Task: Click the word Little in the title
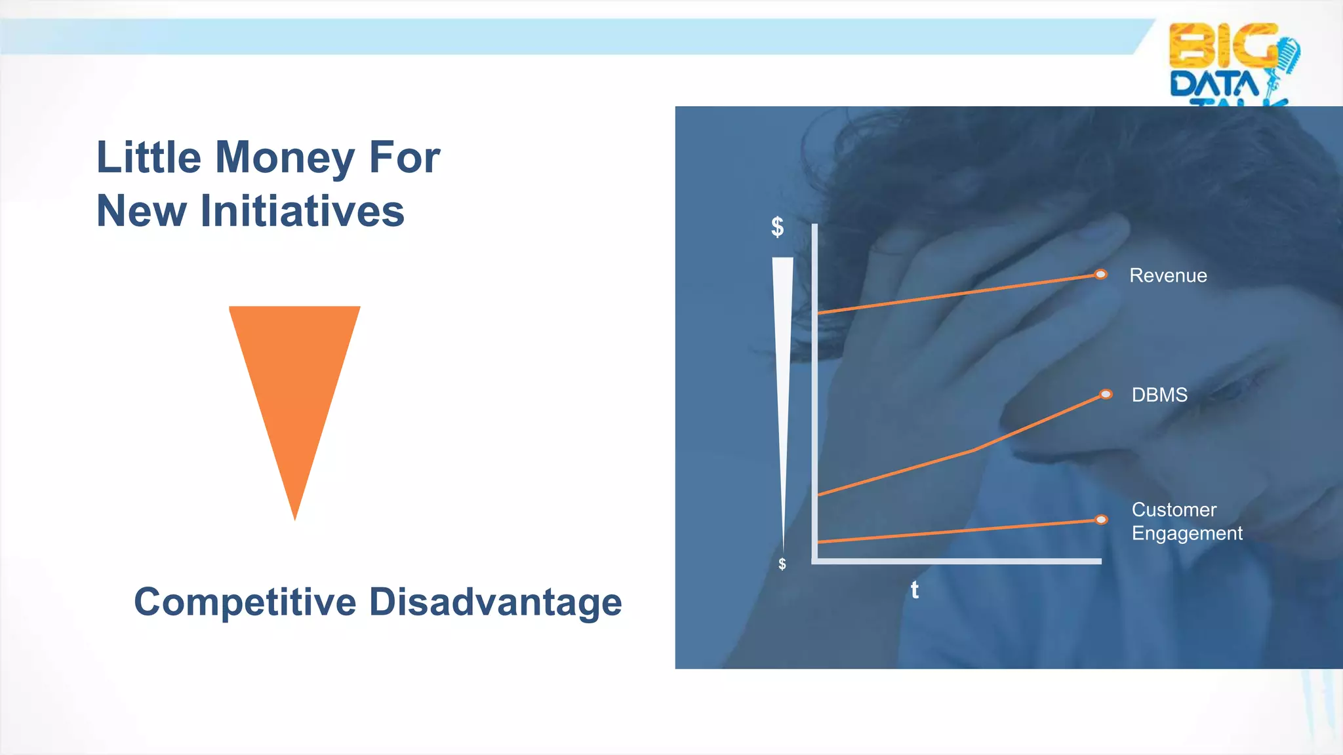tap(148, 158)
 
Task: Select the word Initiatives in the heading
tap(302, 212)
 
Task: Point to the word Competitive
tap(245, 602)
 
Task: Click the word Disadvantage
tap(495, 602)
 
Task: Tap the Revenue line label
tap(1168, 276)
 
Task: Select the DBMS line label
tap(1159, 395)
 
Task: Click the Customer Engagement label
tap(1186, 522)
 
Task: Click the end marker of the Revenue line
tap(1101, 274)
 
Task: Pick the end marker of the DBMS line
tap(1106, 394)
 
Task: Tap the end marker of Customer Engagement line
tap(1102, 520)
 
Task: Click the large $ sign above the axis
tap(777, 227)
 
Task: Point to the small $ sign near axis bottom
tap(782, 564)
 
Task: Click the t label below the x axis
tap(914, 590)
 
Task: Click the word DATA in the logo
tap(1213, 85)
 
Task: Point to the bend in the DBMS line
tap(974, 450)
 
